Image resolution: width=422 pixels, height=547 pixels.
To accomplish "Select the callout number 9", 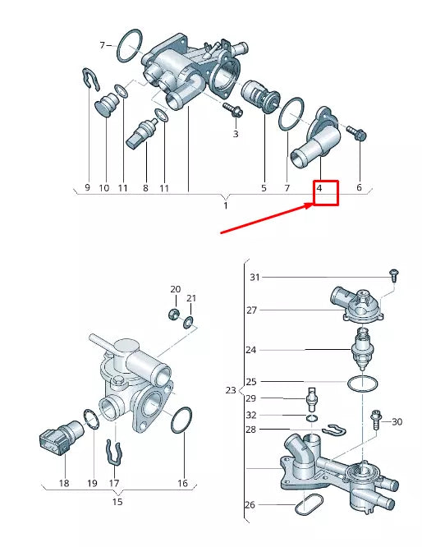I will [87, 188].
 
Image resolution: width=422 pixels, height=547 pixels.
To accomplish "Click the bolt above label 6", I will [357, 132].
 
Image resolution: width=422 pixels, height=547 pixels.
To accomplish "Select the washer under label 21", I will [189, 321].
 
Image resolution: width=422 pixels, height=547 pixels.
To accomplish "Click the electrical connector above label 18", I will [57, 442].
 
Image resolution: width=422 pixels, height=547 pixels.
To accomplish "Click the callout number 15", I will [117, 501].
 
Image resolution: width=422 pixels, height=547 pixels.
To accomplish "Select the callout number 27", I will [252, 310].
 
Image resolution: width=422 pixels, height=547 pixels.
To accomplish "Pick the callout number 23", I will [231, 390].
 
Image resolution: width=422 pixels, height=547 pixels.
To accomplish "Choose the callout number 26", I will [250, 504].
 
